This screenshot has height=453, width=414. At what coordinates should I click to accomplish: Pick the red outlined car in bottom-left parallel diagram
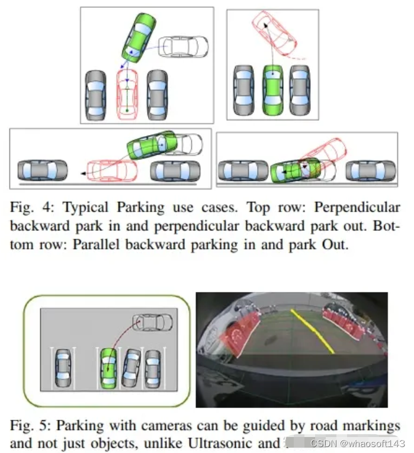(113, 171)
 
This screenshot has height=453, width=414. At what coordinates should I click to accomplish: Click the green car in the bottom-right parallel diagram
(294, 171)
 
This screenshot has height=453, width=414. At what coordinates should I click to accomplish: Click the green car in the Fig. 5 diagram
(108, 368)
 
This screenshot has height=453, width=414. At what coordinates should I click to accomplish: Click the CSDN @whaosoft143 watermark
(358, 443)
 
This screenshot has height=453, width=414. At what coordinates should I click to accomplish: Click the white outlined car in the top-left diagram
(185, 46)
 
